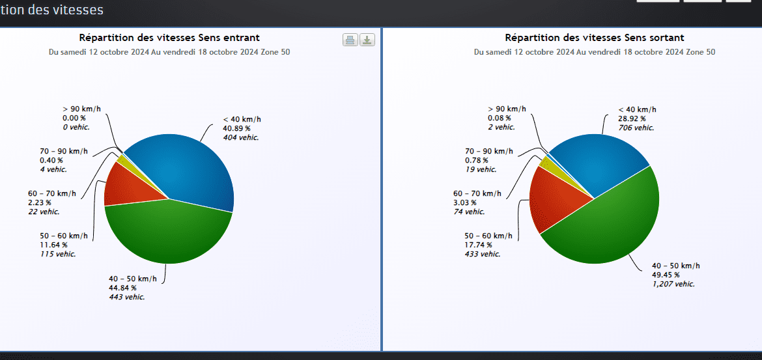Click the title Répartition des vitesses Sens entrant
pos(169,38)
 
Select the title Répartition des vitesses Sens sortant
pos(594,38)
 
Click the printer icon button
pos(350,40)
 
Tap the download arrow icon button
pos(367,40)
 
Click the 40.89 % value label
pos(236,128)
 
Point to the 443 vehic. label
pos(127,297)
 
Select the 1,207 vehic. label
pos(673,284)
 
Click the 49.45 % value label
pos(666,275)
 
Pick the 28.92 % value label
pos(632,118)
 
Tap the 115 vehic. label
pos(57,254)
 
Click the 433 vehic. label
pos(483,254)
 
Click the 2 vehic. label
pos(501,127)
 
